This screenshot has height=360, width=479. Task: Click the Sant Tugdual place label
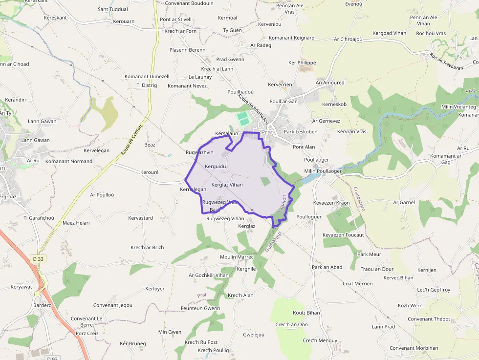coord(113,9)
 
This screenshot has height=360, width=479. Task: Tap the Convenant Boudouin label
coord(189,3)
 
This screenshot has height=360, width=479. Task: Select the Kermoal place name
coord(227,18)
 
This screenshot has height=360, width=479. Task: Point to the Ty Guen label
coord(232,30)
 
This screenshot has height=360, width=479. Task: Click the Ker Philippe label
coord(302,63)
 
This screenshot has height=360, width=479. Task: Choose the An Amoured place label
coord(330,83)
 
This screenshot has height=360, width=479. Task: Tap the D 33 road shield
coord(39,258)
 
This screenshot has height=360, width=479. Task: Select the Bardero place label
coord(43,305)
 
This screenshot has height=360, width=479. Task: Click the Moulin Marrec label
coord(237,257)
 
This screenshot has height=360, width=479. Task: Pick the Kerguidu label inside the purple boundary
coord(216,167)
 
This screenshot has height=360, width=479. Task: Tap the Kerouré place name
coord(150,172)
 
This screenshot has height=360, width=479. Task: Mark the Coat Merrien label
coord(357,284)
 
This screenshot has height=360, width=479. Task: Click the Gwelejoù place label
coord(254,335)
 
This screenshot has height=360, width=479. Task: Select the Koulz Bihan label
coord(306,313)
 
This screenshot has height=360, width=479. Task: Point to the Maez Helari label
coord(76,223)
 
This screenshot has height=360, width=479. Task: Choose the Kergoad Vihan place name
coord(389,33)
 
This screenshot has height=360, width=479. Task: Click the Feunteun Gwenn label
coord(200,308)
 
